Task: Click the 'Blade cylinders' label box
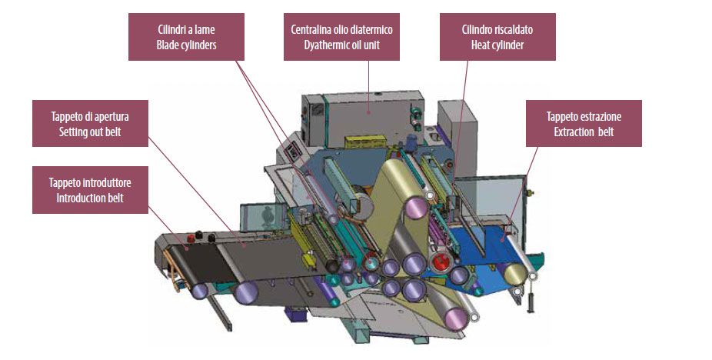(187, 37)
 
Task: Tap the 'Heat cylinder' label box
(497, 37)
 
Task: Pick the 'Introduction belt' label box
(89, 191)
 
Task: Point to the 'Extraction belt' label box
(584, 124)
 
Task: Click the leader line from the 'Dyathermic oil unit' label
(369, 85)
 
